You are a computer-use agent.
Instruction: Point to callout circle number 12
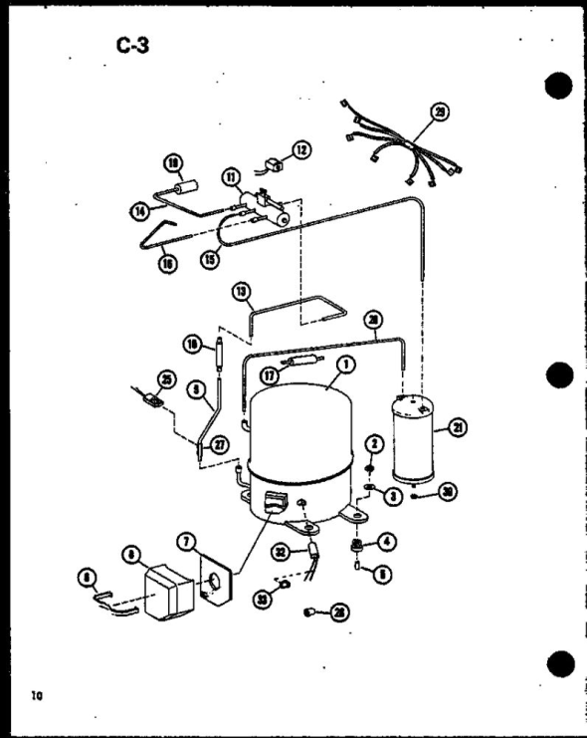pyautogui.click(x=300, y=150)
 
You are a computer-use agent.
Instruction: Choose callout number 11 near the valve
pyautogui.click(x=232, y=179)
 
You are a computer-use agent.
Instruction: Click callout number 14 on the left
pyautogui.click(x=139, y=210)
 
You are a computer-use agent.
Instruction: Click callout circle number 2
pyautogui.click(x=374, y=442)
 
